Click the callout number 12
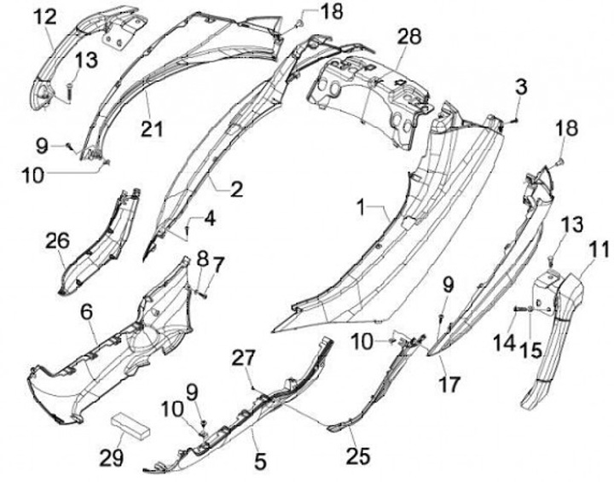[43, 15]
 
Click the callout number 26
[56, 241]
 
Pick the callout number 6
[86, 314]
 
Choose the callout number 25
[359, 456]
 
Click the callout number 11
[599, 250]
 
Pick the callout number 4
[209, 218]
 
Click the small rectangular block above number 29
[130, 422]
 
